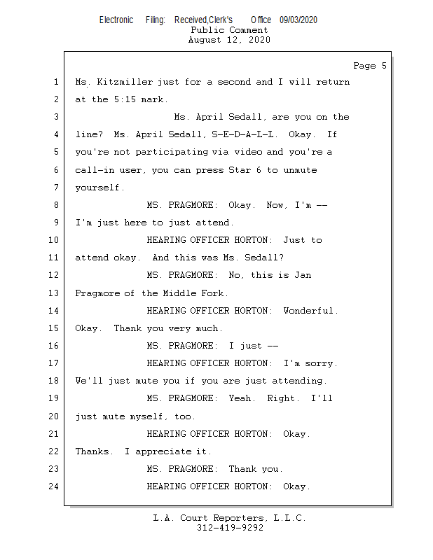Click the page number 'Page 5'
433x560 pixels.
coord(369,66)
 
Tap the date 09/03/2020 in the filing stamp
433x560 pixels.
coord(298,20)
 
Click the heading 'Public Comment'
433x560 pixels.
coord(229,30)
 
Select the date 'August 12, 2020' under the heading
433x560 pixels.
coord(229,40)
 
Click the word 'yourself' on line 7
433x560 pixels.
coord(98,187)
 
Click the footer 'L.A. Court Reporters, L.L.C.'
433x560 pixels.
coord(229,518)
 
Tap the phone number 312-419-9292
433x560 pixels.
coord(229,528)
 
